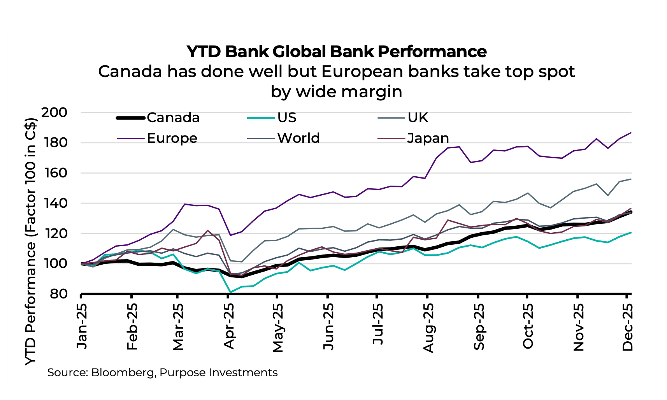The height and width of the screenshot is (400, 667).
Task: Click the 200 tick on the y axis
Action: (x=54, y=113)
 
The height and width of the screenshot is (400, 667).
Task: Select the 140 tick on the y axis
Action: (x=54, y=203)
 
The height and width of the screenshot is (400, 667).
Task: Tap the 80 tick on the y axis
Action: (x=58, y=294)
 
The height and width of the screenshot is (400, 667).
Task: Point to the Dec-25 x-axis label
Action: (x=628, y=327)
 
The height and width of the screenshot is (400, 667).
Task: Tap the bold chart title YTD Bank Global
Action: (x=336, y=51)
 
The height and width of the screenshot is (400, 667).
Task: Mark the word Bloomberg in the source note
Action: (x=123, y=373)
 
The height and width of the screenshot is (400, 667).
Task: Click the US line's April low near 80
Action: (x=230, y=292)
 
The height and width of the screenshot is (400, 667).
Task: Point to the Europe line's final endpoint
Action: (x=631, y=133)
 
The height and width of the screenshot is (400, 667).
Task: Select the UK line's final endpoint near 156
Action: (x=631, y=179)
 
